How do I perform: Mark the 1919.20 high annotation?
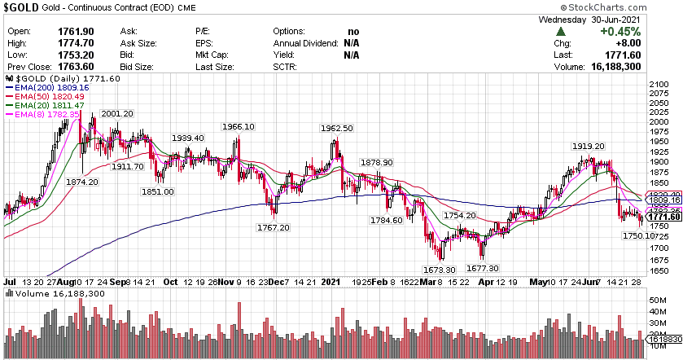click(x=589, y=146)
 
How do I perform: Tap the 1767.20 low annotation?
click(x=273, y=228)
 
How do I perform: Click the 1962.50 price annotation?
click(x=336, y=128)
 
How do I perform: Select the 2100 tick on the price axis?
click(x=659, y=85)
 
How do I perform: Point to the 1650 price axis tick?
click(x=659, y=271)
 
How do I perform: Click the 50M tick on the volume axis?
click(x=658, y=300)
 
